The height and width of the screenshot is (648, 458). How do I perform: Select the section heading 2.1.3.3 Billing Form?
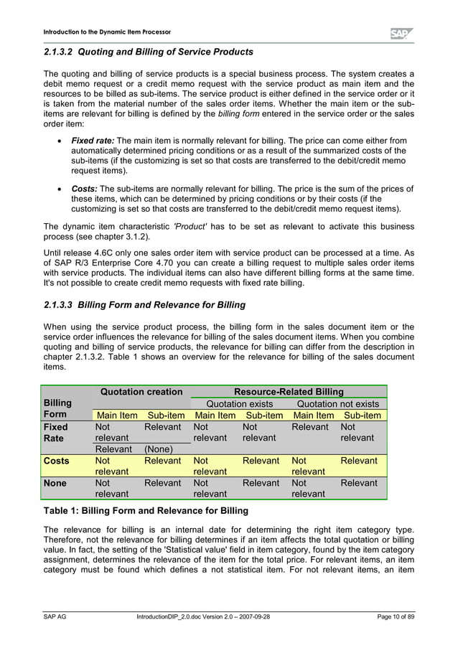[x=144, y=304]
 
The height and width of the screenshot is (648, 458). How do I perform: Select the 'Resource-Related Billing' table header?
[x=289, y=392]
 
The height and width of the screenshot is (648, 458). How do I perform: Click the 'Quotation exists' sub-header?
[x=239, y=403]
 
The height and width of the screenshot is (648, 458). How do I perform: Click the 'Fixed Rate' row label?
[x=58, y=432]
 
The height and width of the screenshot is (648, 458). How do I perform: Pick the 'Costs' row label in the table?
[x=58, y=460]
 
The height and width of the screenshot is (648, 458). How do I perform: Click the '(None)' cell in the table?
[x=162, y=449]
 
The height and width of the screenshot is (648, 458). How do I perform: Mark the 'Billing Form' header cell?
[x=57, y=409]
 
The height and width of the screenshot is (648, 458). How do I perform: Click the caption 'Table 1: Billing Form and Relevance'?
[x=146, y=511]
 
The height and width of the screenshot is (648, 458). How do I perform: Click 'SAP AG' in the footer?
[x=55, y=616]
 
